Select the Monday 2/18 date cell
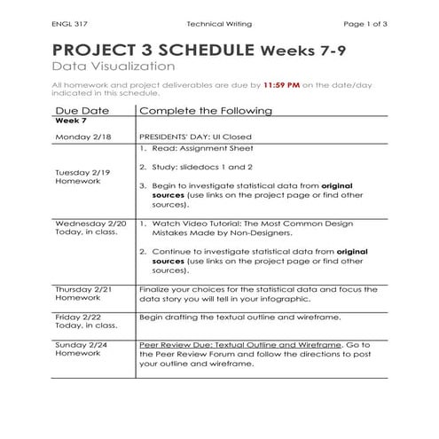click(x=81, y=138)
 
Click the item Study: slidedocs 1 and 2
click(x=200, y=169)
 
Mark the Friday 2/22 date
click(x=78, y=316)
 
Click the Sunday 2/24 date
click(x=80, y=342)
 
